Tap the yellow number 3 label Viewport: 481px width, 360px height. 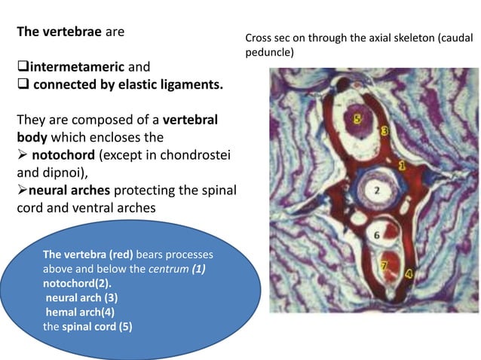pos(384,131)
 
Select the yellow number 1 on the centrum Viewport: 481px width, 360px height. pos(402,163)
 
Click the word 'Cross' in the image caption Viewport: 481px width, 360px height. pos(259,37)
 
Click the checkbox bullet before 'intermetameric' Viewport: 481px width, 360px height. pos(22,68)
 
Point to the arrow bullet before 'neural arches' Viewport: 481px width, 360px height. pos(23,189)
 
